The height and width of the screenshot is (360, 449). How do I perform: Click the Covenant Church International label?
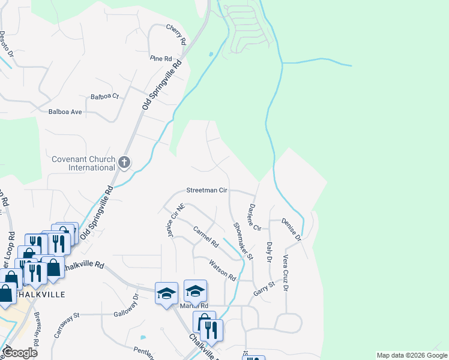pyautogui.click(x=83, y=163)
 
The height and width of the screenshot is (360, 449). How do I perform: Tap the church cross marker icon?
pyautogui.click(x=124, y=162)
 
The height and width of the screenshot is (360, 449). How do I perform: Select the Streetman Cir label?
pyautogui.click(x=206, y=190)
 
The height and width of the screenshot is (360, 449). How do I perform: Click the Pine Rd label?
pyautogui.click(x=161, y=58)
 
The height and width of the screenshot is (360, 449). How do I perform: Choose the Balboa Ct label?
pyautogui.click(x=105, y=96)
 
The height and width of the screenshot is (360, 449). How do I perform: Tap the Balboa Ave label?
pyautogui.click(x=65, y=112)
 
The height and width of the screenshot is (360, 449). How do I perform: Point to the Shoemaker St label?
pyautogui.click(x=243, y=241)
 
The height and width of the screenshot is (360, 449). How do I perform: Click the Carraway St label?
pyautogui.click(x=67, y=325)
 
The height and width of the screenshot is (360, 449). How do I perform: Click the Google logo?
pyautogui.click(x=20, y=353)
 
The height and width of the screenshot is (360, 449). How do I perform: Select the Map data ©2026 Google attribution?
pyautogui.click(x=411, y=355)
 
